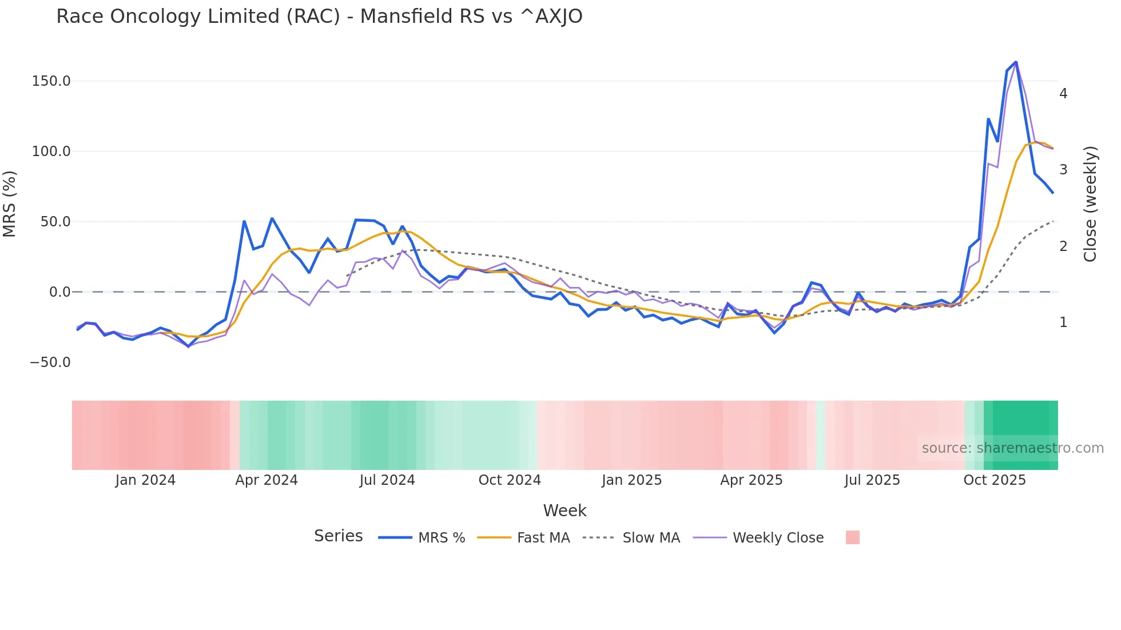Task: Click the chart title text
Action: click(319, 17)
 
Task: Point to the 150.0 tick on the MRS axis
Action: click(51, 81)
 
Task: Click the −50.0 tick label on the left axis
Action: click(50, 362)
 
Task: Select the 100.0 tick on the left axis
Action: click(51, 151)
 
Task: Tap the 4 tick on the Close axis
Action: click(1063, 94)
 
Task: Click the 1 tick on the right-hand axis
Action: click(1063, 322)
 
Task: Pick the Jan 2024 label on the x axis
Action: click(145, 480)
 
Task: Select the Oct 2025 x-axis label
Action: click(995, 480)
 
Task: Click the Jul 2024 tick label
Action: click(387, 480)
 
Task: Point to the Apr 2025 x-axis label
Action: click(752, 480)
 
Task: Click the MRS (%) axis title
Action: click(10, 204)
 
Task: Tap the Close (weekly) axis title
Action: click(1090, 204)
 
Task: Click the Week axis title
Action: click(565, 511)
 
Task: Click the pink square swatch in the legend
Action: click(852, 537)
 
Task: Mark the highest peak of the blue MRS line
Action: click(1016, 62)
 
